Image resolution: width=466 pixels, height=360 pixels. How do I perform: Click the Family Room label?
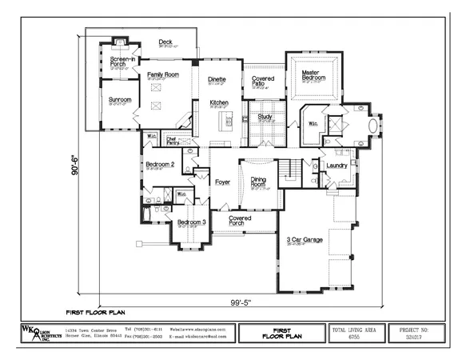(x=162, y=74)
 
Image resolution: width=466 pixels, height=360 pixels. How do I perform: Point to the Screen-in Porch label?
(x=122, y=62)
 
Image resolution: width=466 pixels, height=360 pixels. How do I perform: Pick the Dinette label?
(x=217, y=79)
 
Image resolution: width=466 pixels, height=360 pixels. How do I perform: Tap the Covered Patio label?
(x=263, y=81)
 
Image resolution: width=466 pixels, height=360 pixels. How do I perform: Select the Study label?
(x=265, y=117)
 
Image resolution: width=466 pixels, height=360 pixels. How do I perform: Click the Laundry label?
(x=337, y=166)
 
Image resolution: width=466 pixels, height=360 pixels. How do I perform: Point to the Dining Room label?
(x=258, y=182)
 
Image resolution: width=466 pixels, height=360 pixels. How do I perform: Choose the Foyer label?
(x=222, y=182)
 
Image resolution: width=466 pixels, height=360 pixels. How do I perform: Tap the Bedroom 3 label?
(x=191, y=222)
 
